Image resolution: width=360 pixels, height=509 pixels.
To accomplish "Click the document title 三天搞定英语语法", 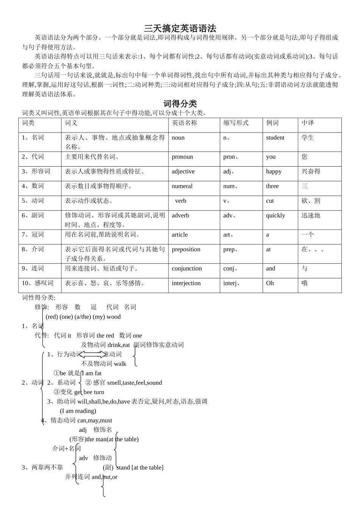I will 180,28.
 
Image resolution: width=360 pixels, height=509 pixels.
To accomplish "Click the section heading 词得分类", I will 180,103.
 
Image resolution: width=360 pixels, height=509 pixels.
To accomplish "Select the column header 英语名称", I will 185,123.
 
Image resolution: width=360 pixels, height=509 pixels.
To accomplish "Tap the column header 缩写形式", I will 236,123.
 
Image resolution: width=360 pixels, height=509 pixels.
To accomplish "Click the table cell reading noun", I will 178,137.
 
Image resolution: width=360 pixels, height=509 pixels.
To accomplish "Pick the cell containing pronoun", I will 182,157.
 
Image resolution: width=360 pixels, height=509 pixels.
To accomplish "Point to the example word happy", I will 274,172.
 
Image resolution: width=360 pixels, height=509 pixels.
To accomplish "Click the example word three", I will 272,186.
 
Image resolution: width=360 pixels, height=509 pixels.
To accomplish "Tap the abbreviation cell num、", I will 231,186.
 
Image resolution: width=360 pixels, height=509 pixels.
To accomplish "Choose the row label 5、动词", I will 33,201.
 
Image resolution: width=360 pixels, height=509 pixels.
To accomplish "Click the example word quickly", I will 275,215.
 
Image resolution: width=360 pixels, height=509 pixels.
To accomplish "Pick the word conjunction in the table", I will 187,269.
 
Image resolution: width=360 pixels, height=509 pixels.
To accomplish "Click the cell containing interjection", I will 186,283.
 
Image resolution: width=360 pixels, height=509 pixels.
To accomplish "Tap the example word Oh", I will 270,283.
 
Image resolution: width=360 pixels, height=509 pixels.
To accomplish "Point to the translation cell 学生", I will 308,137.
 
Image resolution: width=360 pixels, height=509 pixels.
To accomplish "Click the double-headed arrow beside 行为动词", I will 92,354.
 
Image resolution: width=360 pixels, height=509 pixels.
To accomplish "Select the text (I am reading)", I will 78,411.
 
